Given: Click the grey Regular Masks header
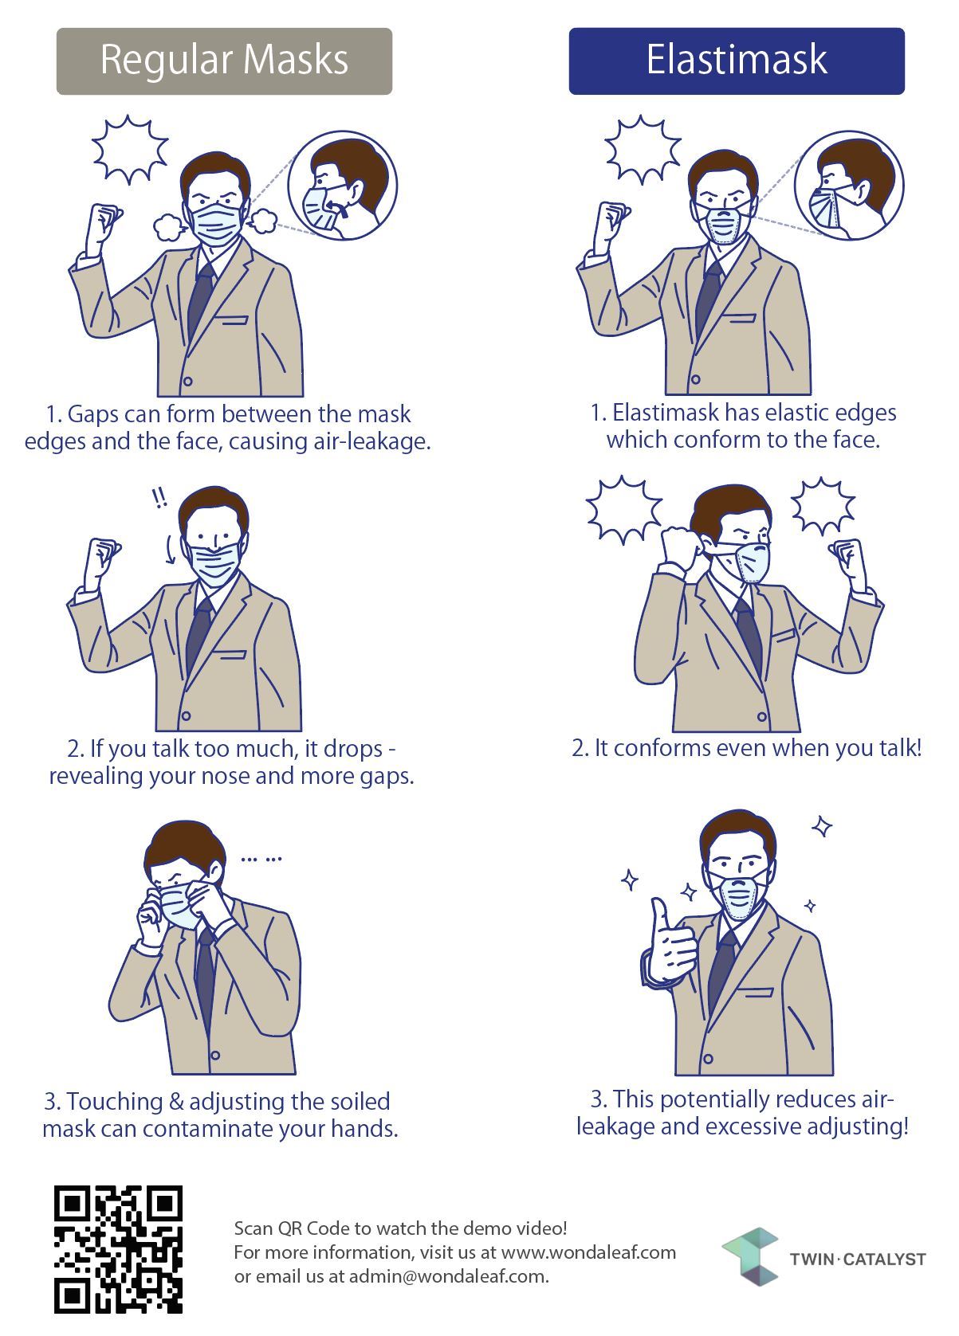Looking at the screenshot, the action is [x=224, y=61].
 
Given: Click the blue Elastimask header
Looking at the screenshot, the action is [x=737, y=61].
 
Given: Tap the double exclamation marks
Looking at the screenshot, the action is [x=159, y=497].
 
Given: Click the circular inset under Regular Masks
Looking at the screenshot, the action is [x=342, y=186].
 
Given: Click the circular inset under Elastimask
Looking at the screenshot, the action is [x=849, y=186].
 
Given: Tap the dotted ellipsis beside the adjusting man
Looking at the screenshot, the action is [x=261, y=860].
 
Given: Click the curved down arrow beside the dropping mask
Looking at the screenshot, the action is [x=170, y=549].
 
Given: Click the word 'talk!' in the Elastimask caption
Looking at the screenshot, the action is [x=901, y=748].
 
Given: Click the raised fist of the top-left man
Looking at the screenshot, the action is [x=104, y=221].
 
